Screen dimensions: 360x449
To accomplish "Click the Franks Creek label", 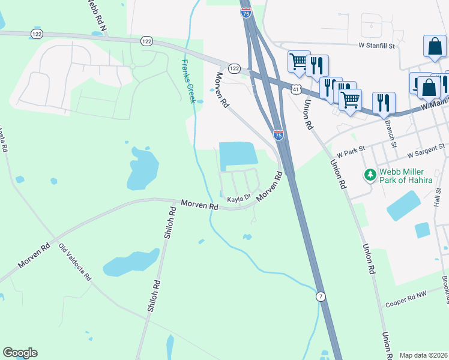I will (188, 81).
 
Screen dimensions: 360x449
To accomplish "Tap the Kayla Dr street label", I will (238, 197).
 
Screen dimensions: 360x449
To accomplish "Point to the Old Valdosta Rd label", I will (75, 262).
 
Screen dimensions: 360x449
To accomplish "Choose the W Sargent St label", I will (423, 146).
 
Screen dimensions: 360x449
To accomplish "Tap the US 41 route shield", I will (295, 89).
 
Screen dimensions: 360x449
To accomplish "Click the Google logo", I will (20, 353).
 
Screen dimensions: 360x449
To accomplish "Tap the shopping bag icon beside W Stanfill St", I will (435, 46).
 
